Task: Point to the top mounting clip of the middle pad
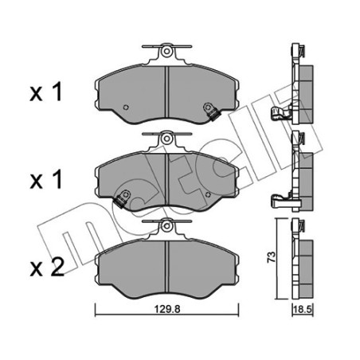[x=168, y=139]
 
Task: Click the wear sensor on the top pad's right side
[x=212, y=111]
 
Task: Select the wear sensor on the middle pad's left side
[x=123, y=199]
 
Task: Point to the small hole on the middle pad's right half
[x=207, y=194]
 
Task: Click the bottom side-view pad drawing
[x=302, y=259]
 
